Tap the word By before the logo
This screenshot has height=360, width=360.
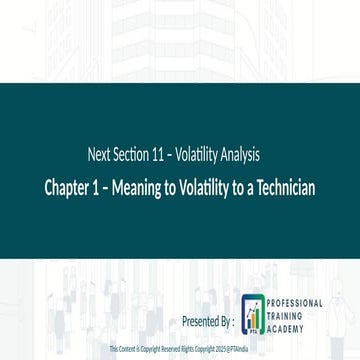(x=225, y=322)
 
